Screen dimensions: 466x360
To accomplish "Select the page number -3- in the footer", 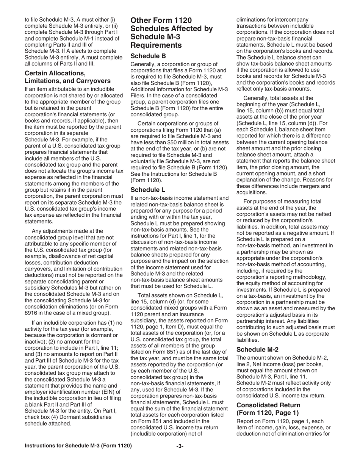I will pyautogui.click(x=180, y=446).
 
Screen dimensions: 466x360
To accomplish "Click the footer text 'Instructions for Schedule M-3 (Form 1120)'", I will pyautogui.click(x=78, y=446).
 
